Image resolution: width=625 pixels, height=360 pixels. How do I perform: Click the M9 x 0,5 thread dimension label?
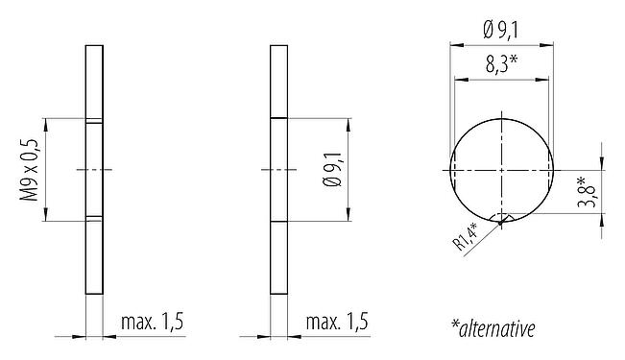pos(29,169)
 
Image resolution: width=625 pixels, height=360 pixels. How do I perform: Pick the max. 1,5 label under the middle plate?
pos(337,323)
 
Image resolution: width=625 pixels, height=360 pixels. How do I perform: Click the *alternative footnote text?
pos(493,328)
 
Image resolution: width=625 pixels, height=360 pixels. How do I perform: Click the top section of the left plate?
pos(94,81)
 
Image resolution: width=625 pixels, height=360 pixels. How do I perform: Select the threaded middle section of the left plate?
pos(94,169)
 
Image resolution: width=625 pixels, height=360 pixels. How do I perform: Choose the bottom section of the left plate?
pos(94,257)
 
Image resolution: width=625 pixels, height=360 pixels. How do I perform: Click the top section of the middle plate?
pos(278,81)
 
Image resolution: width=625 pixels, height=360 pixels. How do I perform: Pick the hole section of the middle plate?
pos(278,169)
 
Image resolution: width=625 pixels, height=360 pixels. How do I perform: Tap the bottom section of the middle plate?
pos(278,257)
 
